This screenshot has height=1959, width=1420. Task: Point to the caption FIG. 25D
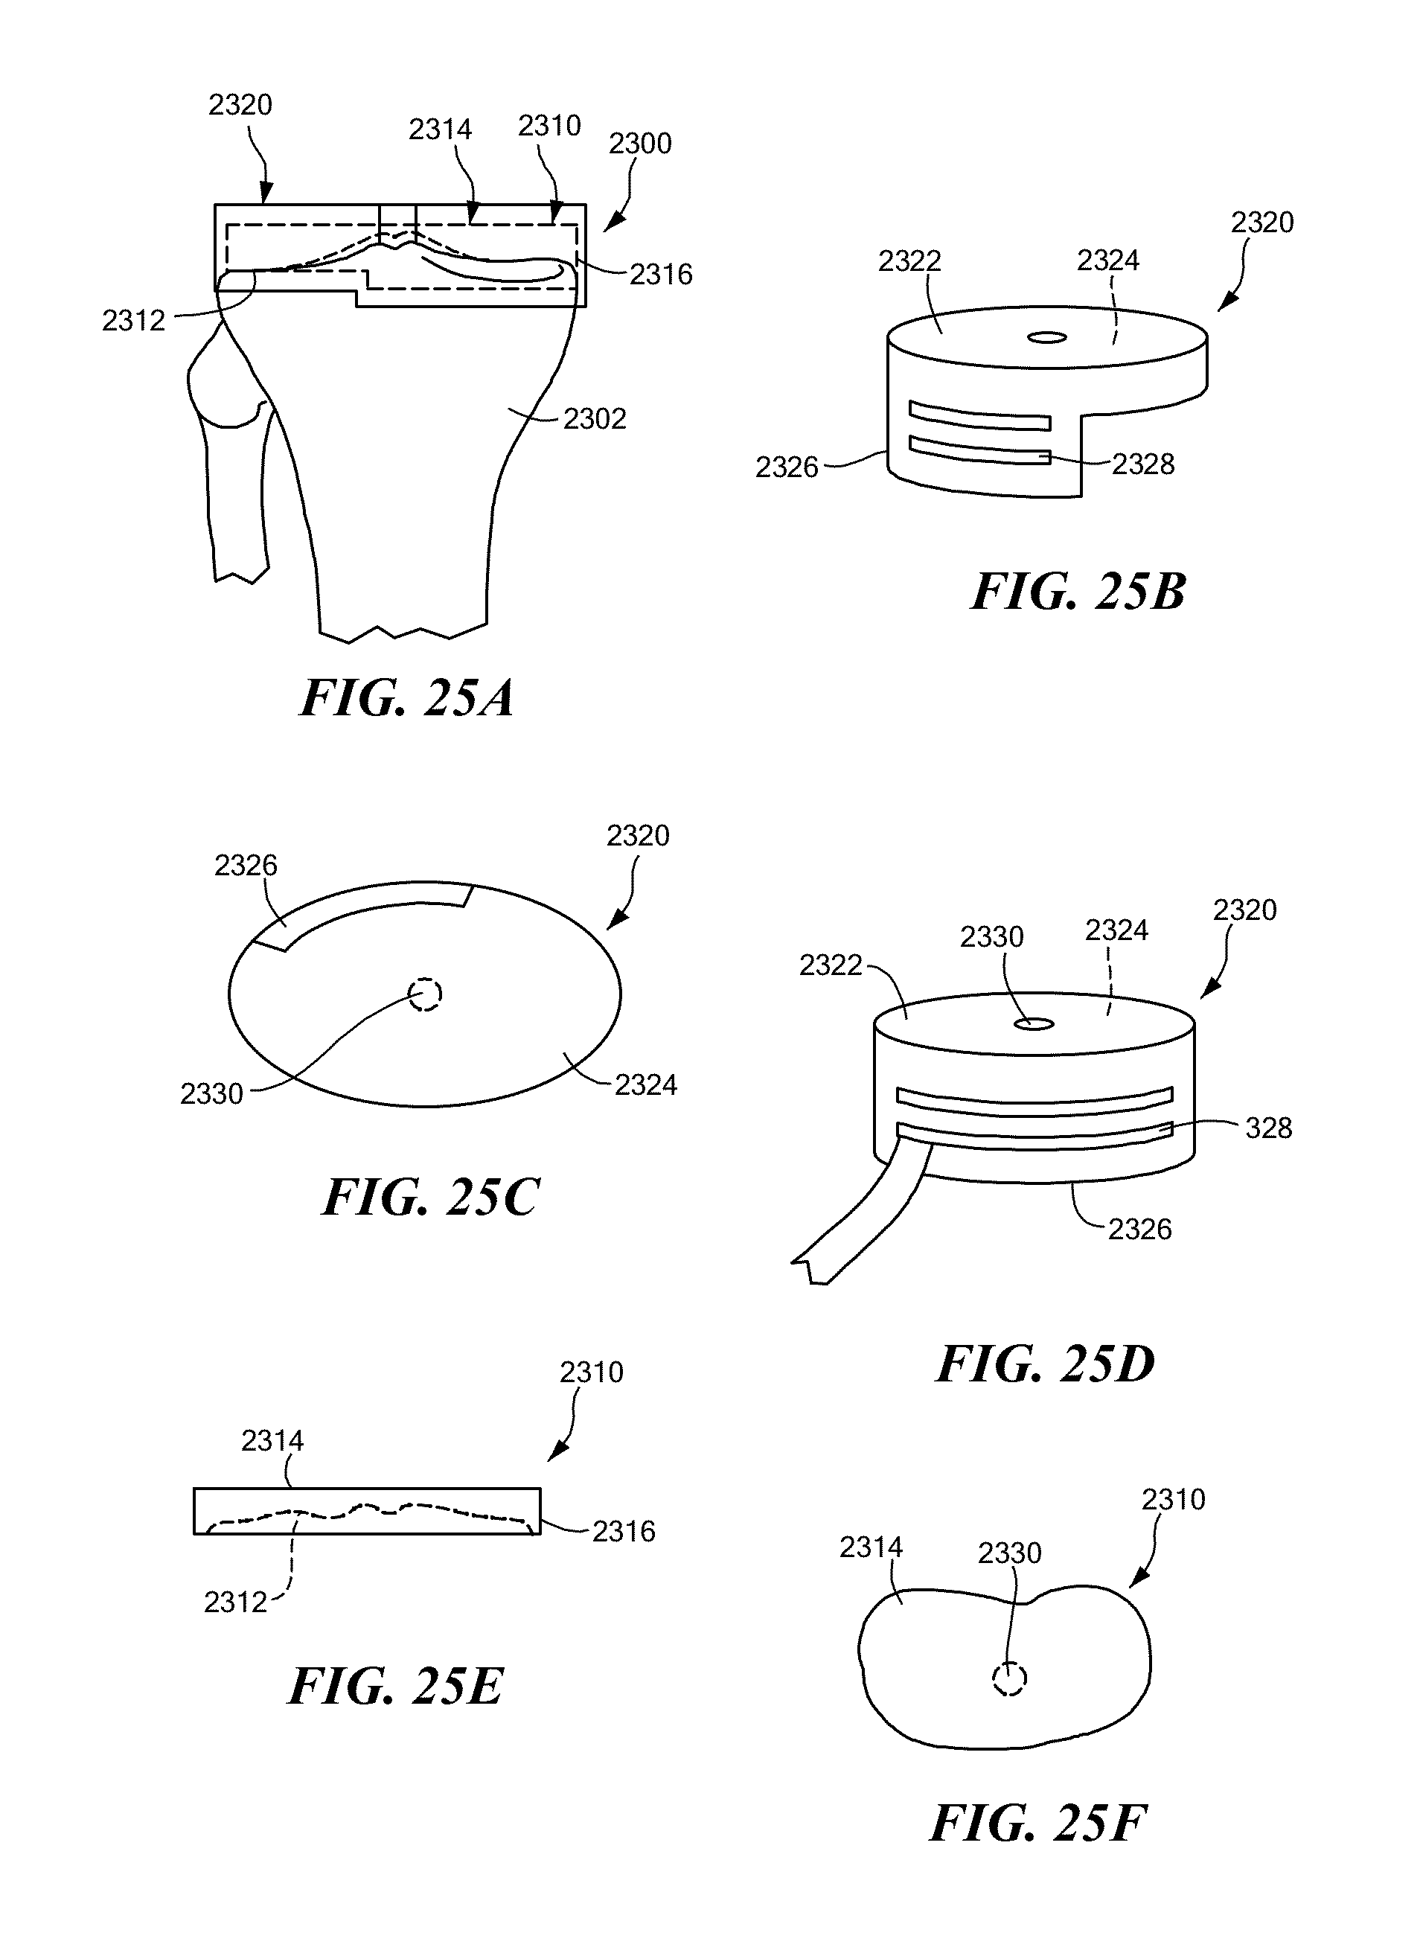pos(1045,1365)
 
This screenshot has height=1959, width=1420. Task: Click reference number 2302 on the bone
pos(594,419)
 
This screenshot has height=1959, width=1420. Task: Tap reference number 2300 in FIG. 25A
pos(640,144)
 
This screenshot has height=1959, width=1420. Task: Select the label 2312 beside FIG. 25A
pos(133,321)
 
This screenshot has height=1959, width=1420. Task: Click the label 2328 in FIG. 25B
pos(1142,464)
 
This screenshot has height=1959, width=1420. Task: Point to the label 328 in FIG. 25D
pos(1268,1128)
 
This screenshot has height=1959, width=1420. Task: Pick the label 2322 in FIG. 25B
pos(909,261)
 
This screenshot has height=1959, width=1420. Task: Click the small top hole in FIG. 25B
pos(1047,338)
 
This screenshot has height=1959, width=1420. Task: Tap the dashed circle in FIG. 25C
pos(425,994)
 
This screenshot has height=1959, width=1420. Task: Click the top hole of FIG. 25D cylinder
pos(1033,1024)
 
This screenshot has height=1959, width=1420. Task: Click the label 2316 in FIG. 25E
pos(624,1532)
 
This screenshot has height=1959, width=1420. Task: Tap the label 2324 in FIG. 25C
pos(645,1085)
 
